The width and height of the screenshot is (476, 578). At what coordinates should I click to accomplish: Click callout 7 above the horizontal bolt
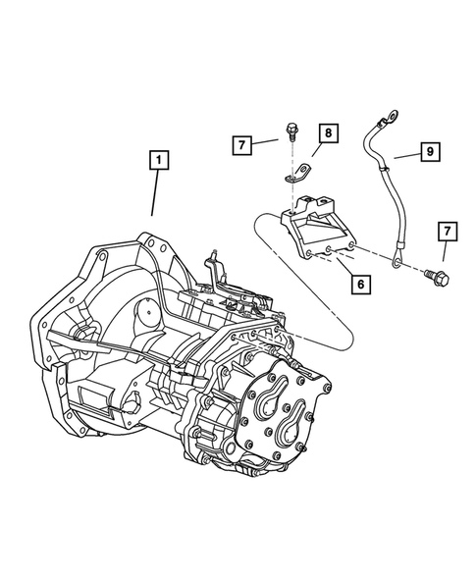tap(447, 232)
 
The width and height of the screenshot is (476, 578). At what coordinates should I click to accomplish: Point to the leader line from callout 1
tap(153, 196)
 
